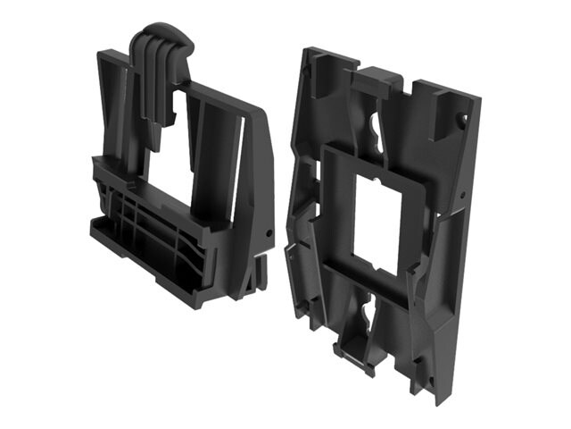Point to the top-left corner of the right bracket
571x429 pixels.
tap(308, 54)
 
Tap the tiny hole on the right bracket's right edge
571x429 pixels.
tap(465, 192)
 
